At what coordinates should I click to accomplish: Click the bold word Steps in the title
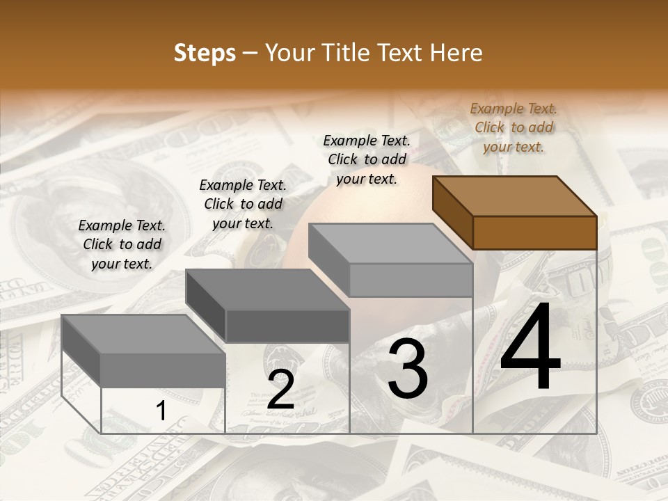205,54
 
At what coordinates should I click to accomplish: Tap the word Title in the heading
341,53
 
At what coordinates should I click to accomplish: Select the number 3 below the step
408,369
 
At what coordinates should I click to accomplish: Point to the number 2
280,390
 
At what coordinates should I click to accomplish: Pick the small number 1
161,411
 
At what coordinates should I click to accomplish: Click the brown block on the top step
534,232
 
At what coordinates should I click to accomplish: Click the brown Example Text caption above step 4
514,127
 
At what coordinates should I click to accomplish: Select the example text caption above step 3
367,159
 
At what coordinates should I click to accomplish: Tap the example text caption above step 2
243,204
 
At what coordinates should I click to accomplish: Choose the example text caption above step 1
122,244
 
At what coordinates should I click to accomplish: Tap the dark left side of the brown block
453,212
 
